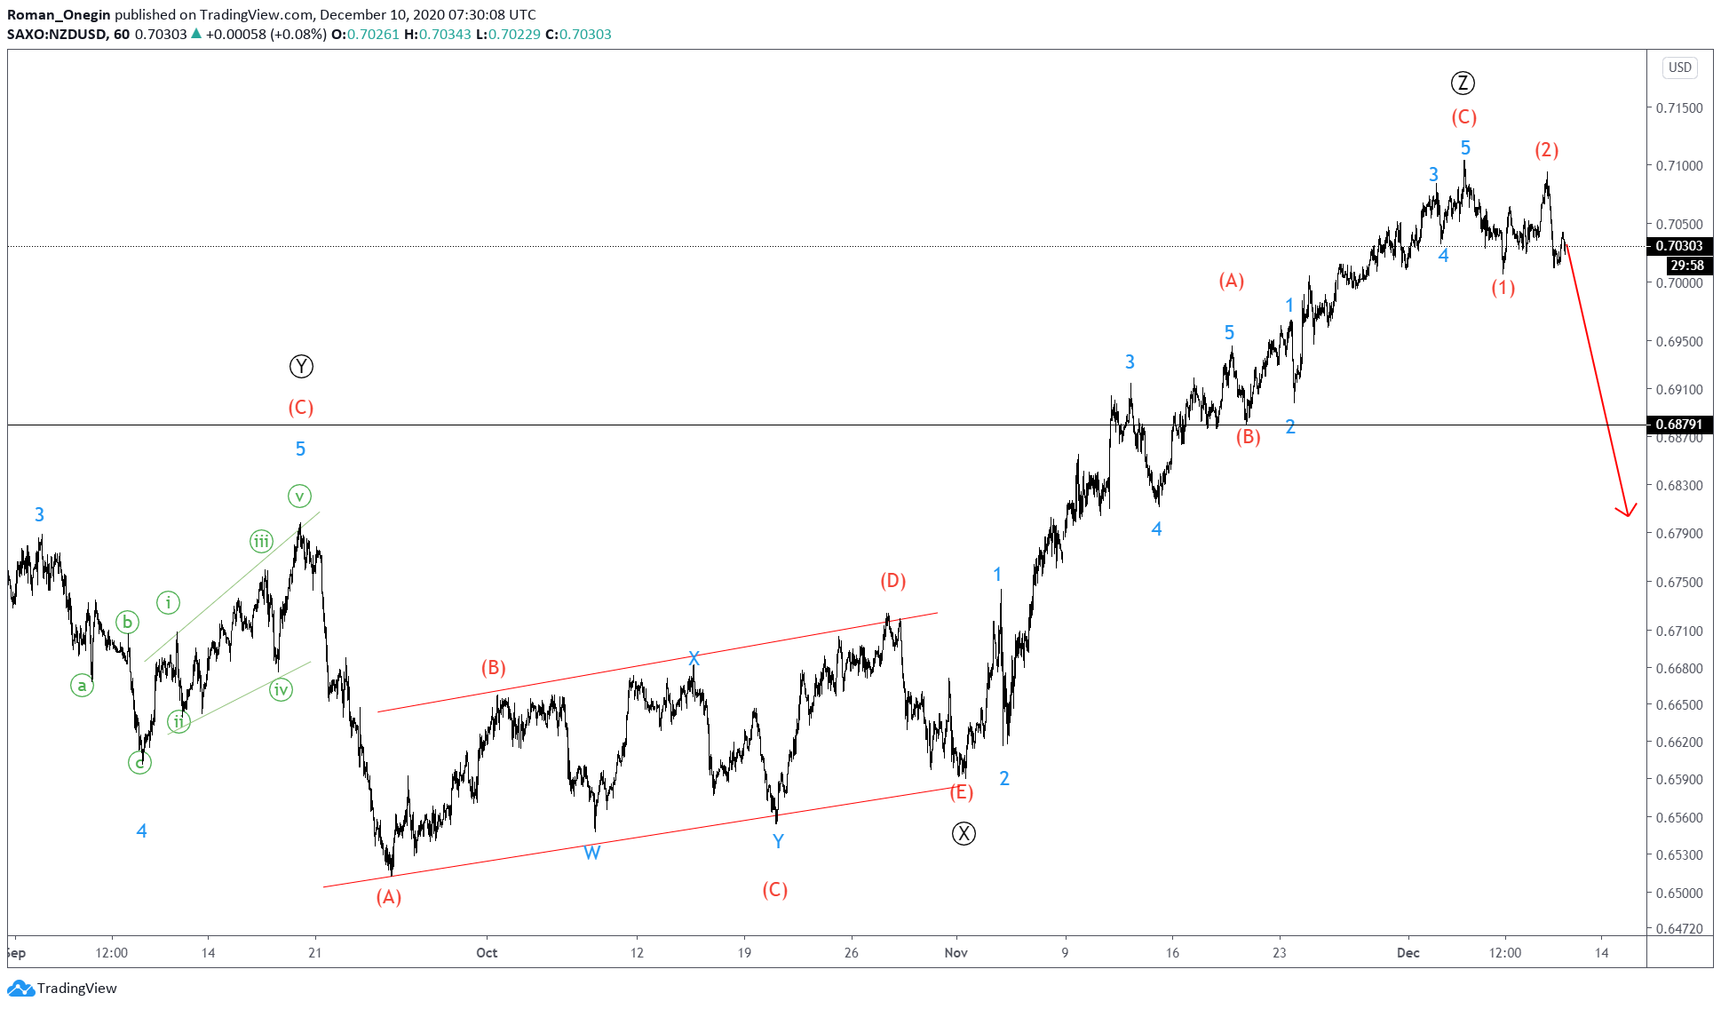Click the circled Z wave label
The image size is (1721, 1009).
(x=1463, y=83)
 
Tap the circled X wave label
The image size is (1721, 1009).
(x=964, y=833)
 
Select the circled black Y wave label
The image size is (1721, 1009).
(x=301, y=366)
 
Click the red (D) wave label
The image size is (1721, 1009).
(x=892, y=581)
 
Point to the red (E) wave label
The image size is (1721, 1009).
(x=961, y=792)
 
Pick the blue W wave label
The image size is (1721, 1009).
(x=592, y=853)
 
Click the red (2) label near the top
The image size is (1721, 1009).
(x=1547, y=150)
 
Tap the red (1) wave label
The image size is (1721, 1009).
(x=1503, y=288)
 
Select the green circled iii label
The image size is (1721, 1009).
(x=261, y=541)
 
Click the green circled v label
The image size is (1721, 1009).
(x=299, y=496)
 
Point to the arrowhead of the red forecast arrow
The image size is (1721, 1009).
(x=1627, y=513)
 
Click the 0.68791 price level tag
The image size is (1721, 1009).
(x=1678, y=425)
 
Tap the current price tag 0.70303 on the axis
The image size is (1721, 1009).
(x=1678, y=246)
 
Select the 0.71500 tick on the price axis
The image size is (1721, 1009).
(x=1678, y=107)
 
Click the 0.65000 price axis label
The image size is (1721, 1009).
(x=1678, y=893)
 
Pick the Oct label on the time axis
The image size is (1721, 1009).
(x=487, y=953)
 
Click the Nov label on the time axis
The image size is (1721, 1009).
(x=956, y=953)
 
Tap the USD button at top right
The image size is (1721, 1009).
(x=1679, y=68)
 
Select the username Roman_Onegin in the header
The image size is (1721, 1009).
(x=59, y=14)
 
